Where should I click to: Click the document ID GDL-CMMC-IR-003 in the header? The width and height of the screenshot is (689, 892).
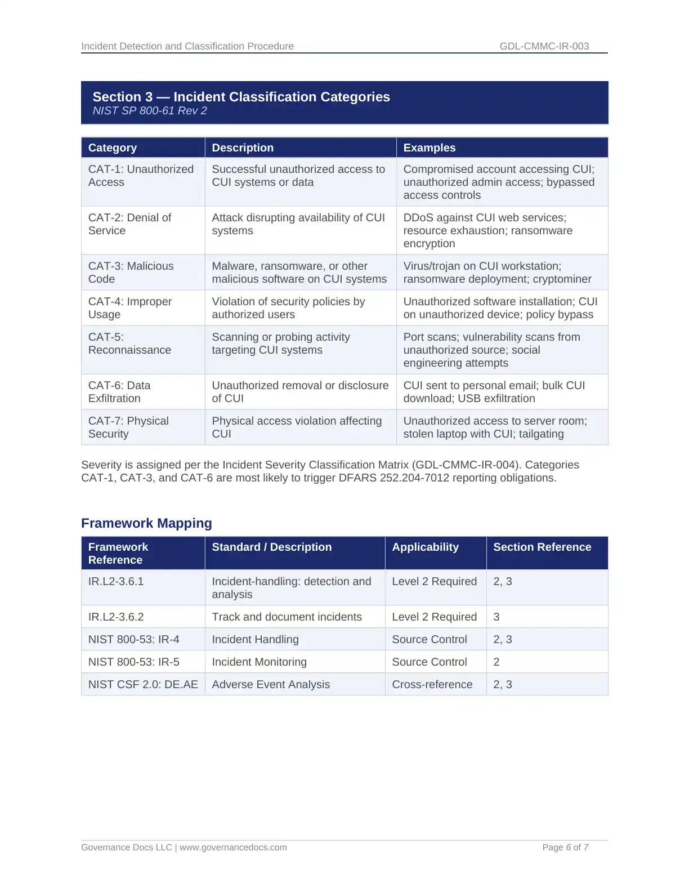544,46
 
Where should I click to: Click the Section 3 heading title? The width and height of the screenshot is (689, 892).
241,97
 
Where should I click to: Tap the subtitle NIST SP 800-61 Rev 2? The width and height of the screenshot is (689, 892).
150,111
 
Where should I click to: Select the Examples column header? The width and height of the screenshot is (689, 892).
429,148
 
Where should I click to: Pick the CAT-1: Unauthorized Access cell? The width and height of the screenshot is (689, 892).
141,176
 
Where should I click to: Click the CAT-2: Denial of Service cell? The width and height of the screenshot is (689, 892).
129,224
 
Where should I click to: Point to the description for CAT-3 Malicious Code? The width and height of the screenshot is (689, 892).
299,273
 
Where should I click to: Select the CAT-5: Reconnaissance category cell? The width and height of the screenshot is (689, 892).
129,344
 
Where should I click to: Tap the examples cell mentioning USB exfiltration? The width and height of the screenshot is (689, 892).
494,392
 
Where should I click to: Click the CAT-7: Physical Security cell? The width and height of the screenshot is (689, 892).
128,427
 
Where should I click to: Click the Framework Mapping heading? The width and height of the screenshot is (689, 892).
146,523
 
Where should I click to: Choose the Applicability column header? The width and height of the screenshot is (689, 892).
425,547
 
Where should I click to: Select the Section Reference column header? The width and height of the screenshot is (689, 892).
542,547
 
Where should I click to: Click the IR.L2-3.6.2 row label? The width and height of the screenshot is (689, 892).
116,617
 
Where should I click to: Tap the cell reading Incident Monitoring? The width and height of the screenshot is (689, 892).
259,662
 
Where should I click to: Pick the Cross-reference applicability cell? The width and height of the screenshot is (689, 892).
432,685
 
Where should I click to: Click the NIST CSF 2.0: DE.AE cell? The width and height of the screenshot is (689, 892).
143,685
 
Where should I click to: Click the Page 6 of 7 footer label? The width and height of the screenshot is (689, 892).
565,848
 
